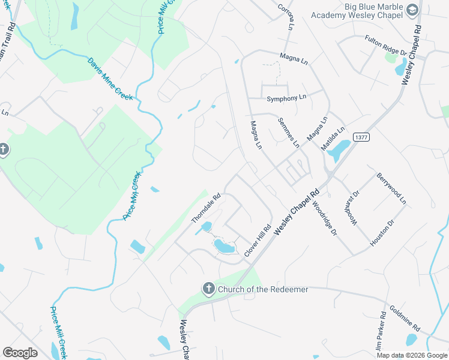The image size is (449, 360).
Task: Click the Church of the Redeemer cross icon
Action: click(208, 289)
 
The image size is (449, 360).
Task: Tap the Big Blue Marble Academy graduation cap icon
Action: click(412, 10)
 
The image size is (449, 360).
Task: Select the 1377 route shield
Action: click(361, 137)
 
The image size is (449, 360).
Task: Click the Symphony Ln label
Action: click(286, 97)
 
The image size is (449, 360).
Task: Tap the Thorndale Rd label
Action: click(206, 208)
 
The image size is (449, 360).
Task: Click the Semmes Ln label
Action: click(288, 133)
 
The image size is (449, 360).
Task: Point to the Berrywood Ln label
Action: click(391, 188)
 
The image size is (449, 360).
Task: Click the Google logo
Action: click(20, 353)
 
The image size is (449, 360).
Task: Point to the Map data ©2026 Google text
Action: click(411, 355)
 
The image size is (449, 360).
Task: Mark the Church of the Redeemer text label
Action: click(263, 290)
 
